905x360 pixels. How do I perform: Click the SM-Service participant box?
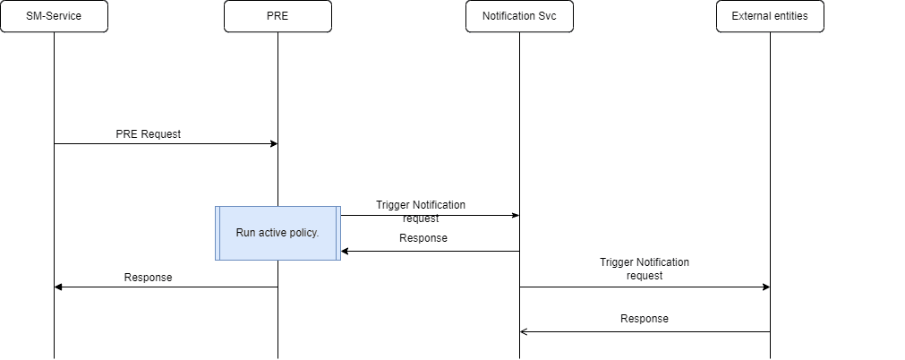pos(54,16)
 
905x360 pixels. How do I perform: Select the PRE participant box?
pos(277,16)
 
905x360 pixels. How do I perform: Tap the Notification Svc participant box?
pos(519,16)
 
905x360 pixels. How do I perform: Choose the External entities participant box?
pos(770,16)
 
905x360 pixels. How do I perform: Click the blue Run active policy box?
pos(277,233)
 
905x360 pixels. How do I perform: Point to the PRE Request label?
pos(148,134)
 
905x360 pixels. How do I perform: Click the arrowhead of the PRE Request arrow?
pos(273,143)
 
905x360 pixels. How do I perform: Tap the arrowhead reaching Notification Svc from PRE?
pos(515,215)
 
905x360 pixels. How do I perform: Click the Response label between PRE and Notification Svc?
pos(423,238)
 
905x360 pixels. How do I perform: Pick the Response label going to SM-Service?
pos(148,278)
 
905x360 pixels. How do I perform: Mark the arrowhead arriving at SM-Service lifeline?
pos(58,287)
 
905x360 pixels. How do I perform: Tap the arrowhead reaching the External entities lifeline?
pos(765,287)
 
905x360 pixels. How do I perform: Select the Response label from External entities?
pos(645,319)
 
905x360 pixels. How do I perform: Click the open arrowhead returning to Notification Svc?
pos(524,331)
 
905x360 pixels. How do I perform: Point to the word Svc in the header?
pos(557,16)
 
